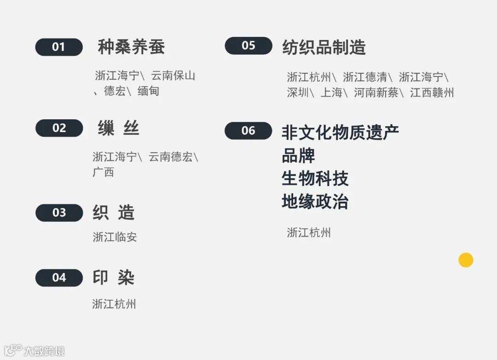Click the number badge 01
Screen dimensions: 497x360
click(x=59, y=47)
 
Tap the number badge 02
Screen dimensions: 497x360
click(x=59, y=128)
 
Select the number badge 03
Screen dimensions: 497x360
click(x=59, y=213)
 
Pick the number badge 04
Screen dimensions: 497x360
click(x=59, y=278)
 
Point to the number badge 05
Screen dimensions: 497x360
click(x=248, y=46)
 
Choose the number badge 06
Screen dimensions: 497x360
click(x=248, y=131)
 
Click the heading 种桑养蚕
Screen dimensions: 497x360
click(x=131, y=47)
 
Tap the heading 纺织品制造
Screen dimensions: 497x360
click(x=324, y=47)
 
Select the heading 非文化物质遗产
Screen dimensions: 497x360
click(x=340, y=133)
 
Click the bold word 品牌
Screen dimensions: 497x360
click(x=298, y=156)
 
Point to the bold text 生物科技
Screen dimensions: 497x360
click(x=315, y=179)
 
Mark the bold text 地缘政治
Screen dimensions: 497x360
click(x=315, y=202)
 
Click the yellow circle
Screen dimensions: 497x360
click(x=466, y=260)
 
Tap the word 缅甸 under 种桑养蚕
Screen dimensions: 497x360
click(x=148, y=91)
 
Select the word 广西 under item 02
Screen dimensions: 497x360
click(x=103, y=173)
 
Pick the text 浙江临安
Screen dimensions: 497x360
click(x=115, y=237)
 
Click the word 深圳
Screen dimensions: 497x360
click(x=298, y=93)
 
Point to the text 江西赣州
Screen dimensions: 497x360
click(x=432, y=93)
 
